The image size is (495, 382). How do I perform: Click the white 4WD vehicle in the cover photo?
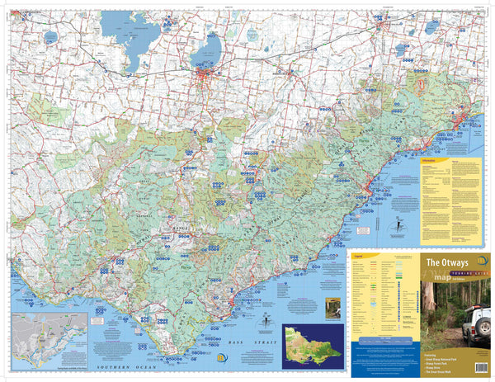475,326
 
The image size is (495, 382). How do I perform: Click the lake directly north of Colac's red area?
204,56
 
